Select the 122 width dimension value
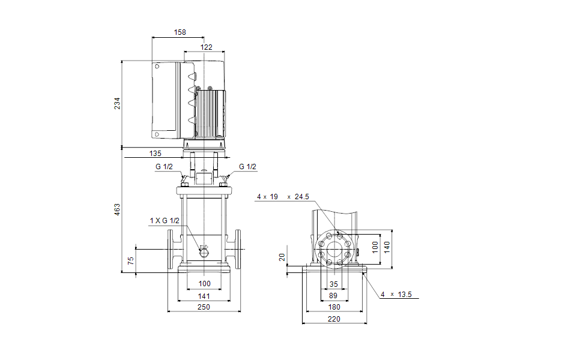point(206,47)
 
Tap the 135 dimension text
point(155,153)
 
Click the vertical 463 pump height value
point(118,209)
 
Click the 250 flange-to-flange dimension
point(204,307)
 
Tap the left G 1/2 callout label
point(164,167)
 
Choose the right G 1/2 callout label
point(247,167)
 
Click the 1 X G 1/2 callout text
point(165,221)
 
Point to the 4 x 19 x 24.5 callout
point(282,197)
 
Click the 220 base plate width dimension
point(334,319)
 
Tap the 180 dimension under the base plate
point(334,307)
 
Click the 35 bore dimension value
point(334,284)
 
